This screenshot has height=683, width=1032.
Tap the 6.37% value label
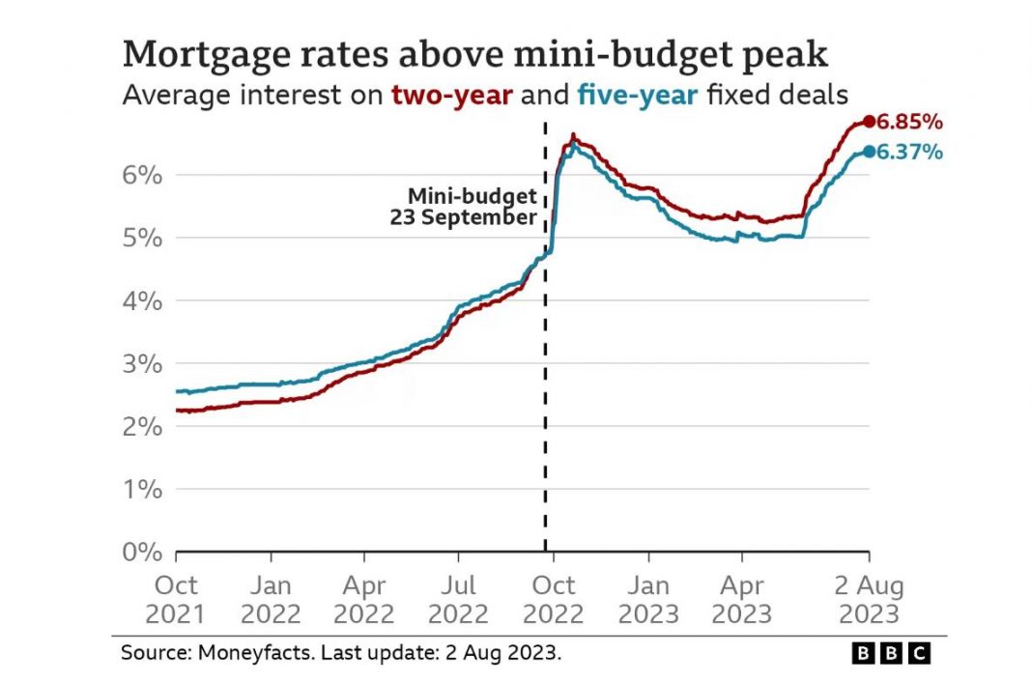(x=909, y=152)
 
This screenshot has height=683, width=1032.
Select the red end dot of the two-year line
(x=869, y=122)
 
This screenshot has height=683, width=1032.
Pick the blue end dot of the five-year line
(x=869, y=151)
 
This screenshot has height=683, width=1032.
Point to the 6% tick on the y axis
(x=141, y=175)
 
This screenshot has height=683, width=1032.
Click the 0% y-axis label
(x=141, y=553)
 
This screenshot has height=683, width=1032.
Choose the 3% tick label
(x=141, y=364)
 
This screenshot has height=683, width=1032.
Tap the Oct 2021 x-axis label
(x=176, y=600)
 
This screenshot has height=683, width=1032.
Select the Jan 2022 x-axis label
(x=271, y=600)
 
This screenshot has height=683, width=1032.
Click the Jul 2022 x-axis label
(x=458, y=600)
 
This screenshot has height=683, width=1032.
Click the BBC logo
(x=890, y=653)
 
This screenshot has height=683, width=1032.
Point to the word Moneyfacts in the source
(x=242, y=653)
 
